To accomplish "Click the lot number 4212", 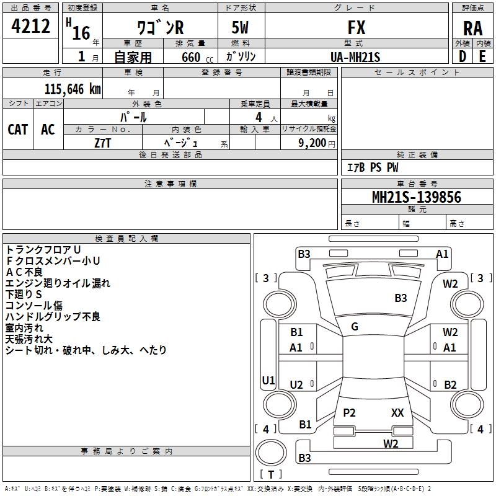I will pyautogui.click(x=31, y=27).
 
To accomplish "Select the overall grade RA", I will pyautogui.click(x=472, y=29).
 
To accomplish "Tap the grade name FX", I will pyautogui.click(x=356, y=28).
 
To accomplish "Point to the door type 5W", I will pyautogui.click(x=242, y=28).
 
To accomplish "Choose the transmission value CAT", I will pyautogui.click(x=18, y=129).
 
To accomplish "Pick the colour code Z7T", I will pyautogui.click(x=103, y=143).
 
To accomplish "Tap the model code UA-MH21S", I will pyautogui.click(x=356, y=56).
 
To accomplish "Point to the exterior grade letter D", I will pyautogui.click(x=463, y=56).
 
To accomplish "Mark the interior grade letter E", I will pyautogui.click(x=482, y=56).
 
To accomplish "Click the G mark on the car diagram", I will pyautogui.click(x=355, y=327).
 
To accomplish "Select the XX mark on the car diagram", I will pyautogui.click(x=397, y=412).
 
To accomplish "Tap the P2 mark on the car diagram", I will pyautogui.click(x=350, y=412).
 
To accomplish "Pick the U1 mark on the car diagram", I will pyautogui.click(x=268, y=380).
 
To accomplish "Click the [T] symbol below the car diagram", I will pyautogui.click(x=271, y=474).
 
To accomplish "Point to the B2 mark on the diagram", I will pyautogui.click(x=450, y=384).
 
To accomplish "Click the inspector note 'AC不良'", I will pyautogui.click(x=24, y=272).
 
